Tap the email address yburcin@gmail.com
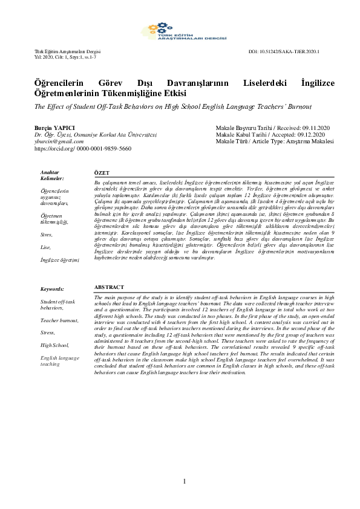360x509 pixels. point(59,141)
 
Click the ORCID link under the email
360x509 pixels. point(82,148)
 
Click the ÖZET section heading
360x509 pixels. point(102,173)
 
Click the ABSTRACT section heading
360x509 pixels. point(110,287)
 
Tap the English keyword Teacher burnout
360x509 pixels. point(59,320)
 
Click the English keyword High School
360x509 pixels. point(54,345)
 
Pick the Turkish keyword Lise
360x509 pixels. point(45,247)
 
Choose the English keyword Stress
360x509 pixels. point(48,332)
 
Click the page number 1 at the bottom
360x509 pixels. point(185,481)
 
